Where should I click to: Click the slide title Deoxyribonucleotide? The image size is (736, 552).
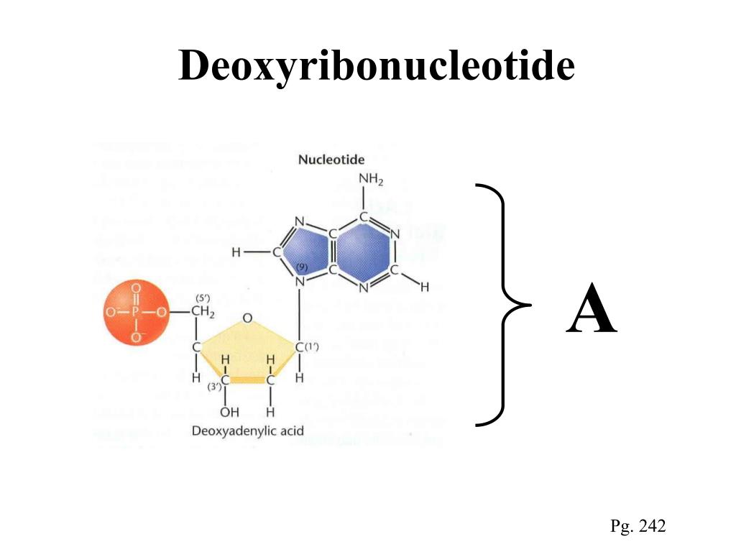(x=377, y=66)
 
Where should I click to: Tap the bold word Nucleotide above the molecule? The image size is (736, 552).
(x=331, y=160)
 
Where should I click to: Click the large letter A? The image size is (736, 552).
(x=591, y=310)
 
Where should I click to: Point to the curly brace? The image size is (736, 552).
(x=503, y=305)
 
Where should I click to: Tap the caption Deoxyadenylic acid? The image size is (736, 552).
(x=247, y=431)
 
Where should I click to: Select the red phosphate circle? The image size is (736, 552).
(x=135, y=313)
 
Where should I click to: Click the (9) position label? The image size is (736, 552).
(x=302, y=267)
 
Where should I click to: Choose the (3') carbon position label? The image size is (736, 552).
(x=213, y=388)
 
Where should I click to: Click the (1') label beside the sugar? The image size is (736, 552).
(x=312, y=347)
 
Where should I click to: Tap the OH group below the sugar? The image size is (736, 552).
(x=229, y=412)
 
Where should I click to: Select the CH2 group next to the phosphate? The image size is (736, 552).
(x=203, y=312)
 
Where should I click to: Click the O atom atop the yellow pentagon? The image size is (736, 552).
(x=247, y=318)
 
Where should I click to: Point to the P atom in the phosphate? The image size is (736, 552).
(x=135, y=313)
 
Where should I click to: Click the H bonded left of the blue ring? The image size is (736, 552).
(x=236, y=252)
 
